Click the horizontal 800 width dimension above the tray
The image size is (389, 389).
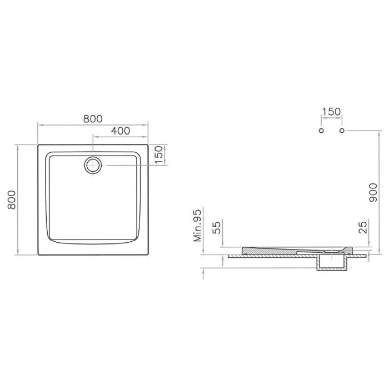click(93, 118)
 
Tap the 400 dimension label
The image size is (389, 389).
click(120, 131)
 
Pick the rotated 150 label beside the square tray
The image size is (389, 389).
click(158, 154)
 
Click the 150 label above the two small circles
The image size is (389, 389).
click(331, 112)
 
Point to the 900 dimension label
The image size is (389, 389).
click(373, 192)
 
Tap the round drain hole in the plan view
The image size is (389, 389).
click(93, 165)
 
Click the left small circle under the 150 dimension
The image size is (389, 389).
click(321, 131)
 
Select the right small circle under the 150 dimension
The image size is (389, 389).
click(342, 131)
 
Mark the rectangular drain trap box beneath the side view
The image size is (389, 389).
click(332, 265)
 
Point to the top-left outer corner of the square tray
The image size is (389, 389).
click(38, 145)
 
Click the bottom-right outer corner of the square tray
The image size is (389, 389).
click(148, 255)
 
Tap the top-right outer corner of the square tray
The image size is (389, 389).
click(148, 145)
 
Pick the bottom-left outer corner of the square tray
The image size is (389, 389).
click(38, 255)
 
